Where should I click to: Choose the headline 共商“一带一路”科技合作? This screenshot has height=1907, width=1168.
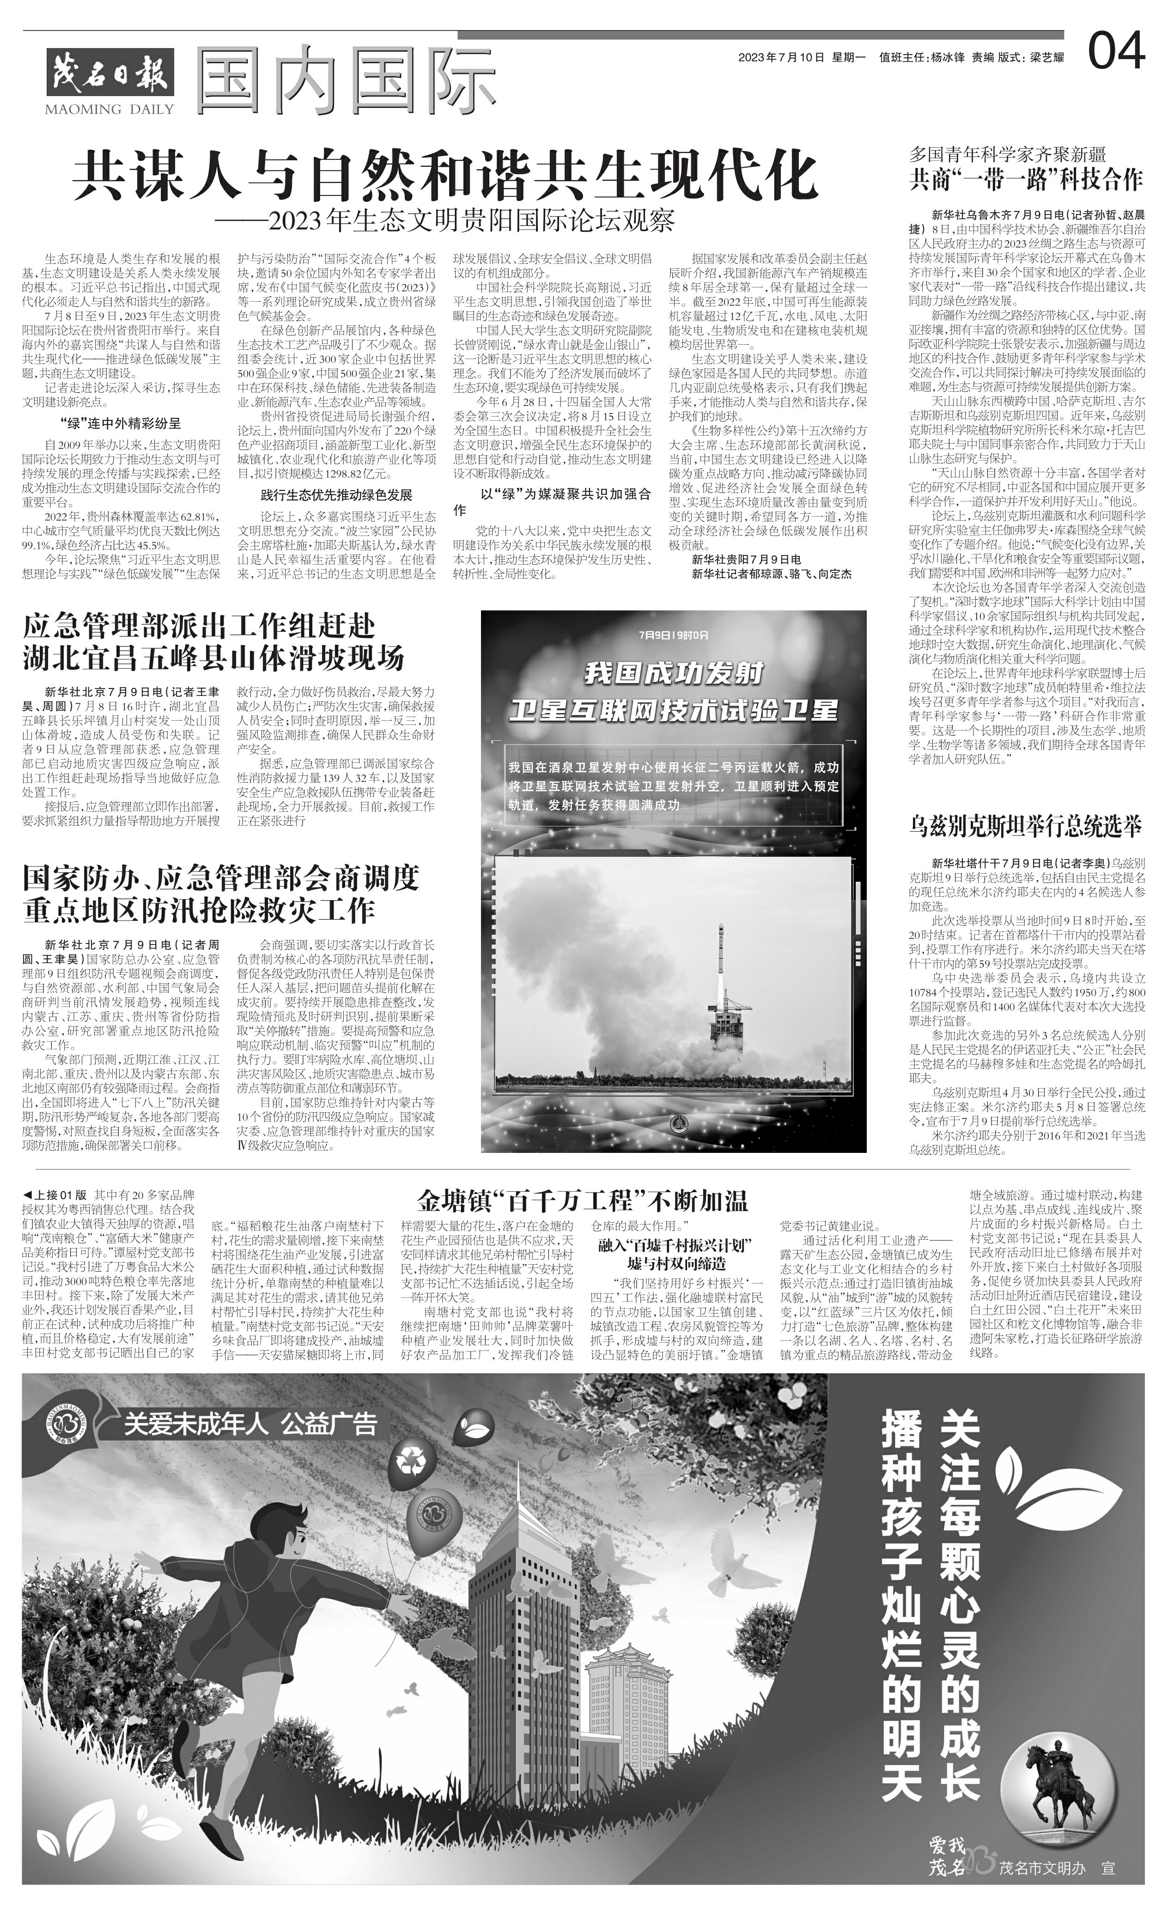[x=1026, y=180]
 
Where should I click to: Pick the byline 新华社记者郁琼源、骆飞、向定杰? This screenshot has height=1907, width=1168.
[x=771, y=573]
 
